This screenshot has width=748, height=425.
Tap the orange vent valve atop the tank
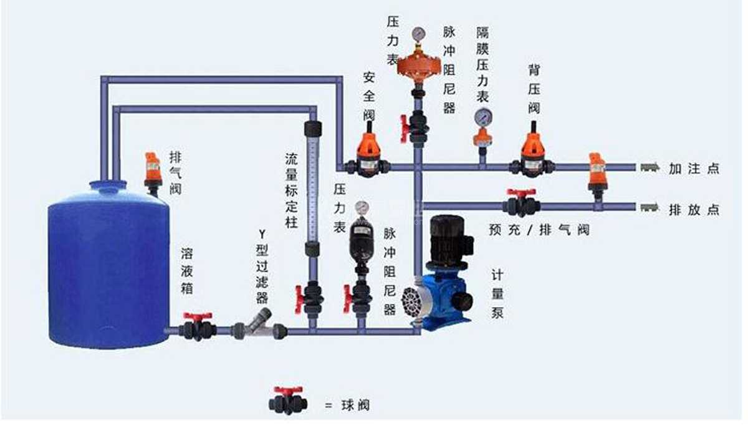(153, 169)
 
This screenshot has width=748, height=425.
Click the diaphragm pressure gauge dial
(482, 117)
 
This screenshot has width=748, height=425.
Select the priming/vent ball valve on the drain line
(521, 203)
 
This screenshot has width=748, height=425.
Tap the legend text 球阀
(356, 404)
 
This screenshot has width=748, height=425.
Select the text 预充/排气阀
(539, 229)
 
